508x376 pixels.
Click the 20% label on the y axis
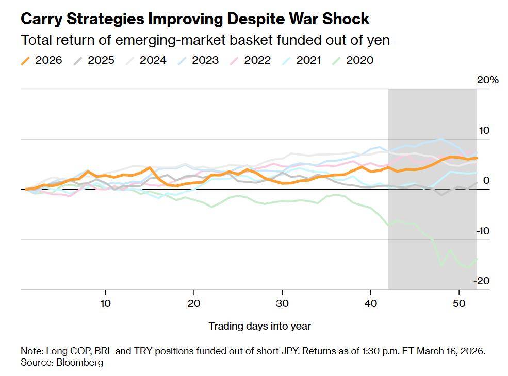(487, 80)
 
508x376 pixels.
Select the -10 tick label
(482, 231)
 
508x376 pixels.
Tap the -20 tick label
(482, 281)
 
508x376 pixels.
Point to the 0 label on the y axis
(486, 181)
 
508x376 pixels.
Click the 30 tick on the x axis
(282, 303)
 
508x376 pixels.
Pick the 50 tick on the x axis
(458, 303)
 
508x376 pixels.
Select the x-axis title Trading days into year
(259, 326)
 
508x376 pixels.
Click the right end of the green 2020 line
(477, 259)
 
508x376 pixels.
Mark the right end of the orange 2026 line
(477, 158)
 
